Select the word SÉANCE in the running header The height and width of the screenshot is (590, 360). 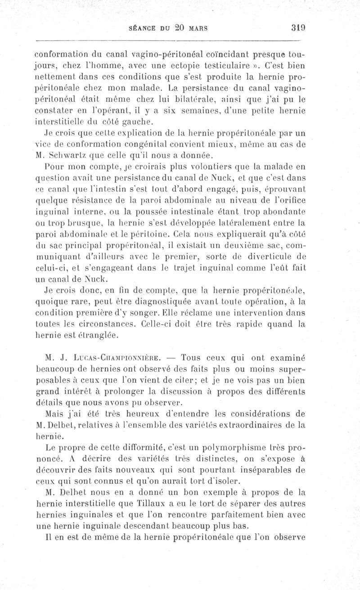143,27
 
